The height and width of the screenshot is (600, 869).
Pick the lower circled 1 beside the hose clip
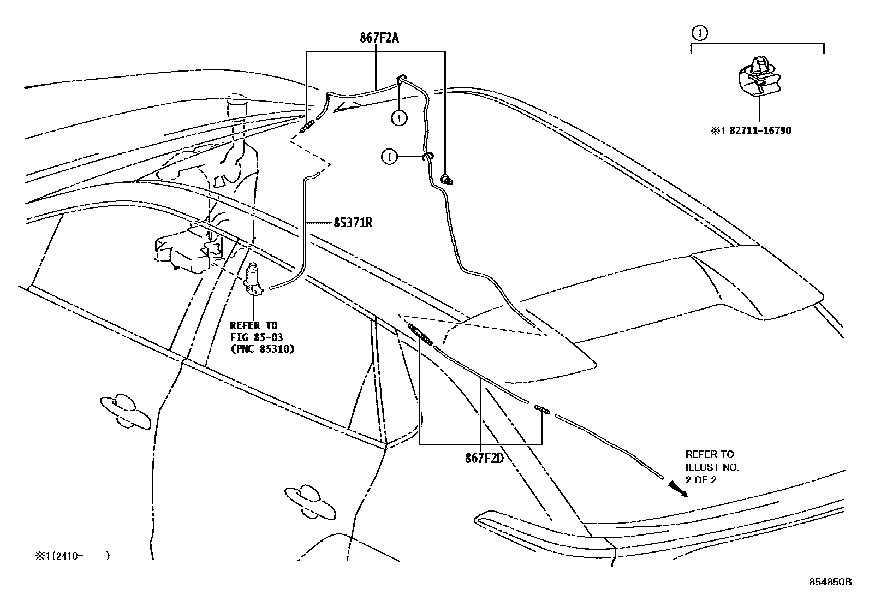[x=389, y=157]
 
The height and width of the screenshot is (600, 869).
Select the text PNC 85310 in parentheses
[x=262, y=348]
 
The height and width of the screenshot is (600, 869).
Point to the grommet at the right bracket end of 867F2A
[x=446, y=179]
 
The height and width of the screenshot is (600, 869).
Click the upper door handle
[x=124, y=410]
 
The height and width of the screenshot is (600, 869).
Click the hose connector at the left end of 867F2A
[x=308, y=127]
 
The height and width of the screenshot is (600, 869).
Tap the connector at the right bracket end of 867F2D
[x=541, y=409]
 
